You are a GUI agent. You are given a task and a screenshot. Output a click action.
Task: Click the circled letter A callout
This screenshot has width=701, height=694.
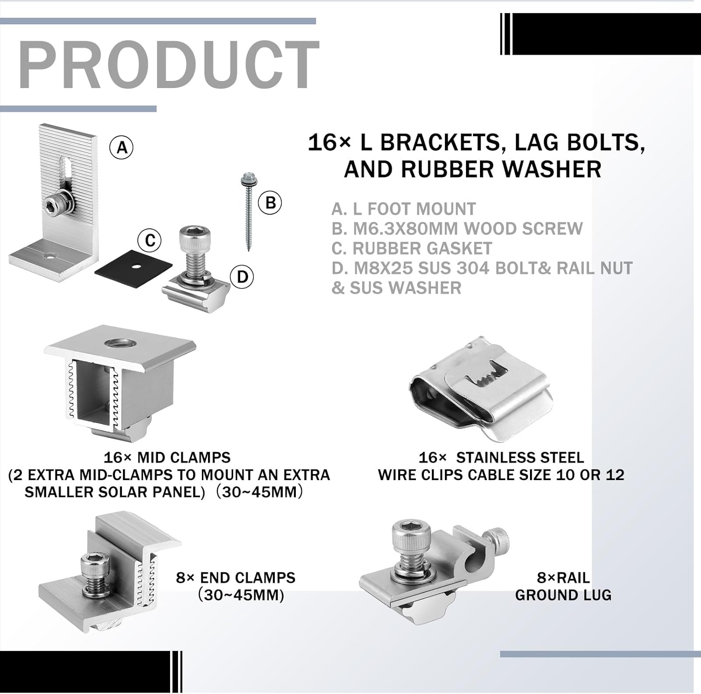(122, 148)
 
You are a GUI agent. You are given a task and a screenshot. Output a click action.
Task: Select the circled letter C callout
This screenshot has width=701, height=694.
(150, 241)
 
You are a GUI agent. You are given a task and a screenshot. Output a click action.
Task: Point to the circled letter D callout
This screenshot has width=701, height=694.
(242, 277)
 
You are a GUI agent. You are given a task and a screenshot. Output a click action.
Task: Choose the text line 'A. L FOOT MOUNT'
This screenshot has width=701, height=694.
(403, 209)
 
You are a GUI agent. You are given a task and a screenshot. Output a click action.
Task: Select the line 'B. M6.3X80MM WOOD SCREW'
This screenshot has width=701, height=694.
(457, 228)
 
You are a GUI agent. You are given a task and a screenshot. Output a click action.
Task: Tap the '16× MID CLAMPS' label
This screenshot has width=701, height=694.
(167, 457)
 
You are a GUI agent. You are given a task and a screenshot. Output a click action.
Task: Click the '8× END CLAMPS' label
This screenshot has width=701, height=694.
(236, 577)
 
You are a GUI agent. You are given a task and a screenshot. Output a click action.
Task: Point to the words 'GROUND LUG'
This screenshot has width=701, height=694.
(563, 595)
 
